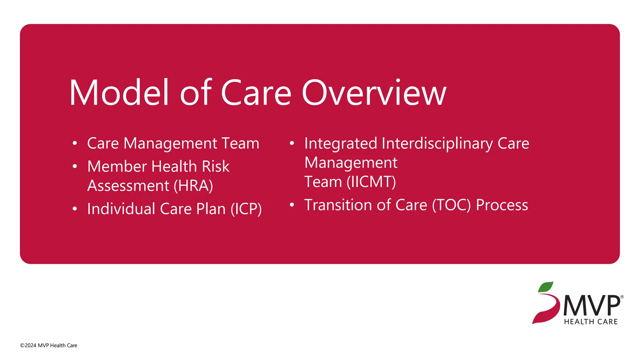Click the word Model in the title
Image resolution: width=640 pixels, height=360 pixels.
[x=119, y=93]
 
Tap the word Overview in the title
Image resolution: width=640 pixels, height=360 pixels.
[x=374, y=93]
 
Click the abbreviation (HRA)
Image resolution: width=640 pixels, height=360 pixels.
[x=193, y=186]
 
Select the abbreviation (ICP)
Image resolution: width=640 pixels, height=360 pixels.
[x=246, y=209]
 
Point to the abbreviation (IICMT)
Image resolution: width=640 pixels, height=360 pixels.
[x=371, y=182]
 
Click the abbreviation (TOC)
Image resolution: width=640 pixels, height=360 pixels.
[x=451, y=205]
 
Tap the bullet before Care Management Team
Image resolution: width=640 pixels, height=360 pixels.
[x=74, y=143]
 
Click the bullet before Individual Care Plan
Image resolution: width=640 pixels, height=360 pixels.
[x=74, y=209]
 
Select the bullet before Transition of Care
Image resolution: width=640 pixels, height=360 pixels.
[x=292, y=205]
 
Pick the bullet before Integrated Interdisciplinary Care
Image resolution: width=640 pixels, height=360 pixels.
[x=292, y=143]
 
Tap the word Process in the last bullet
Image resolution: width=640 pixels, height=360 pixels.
[x=502, y=205]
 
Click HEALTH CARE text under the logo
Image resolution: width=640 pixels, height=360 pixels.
[x=591, y=322]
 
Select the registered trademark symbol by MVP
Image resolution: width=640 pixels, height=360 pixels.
[x=622, y=297]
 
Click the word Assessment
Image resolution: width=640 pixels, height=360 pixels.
[x=128, y=186]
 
